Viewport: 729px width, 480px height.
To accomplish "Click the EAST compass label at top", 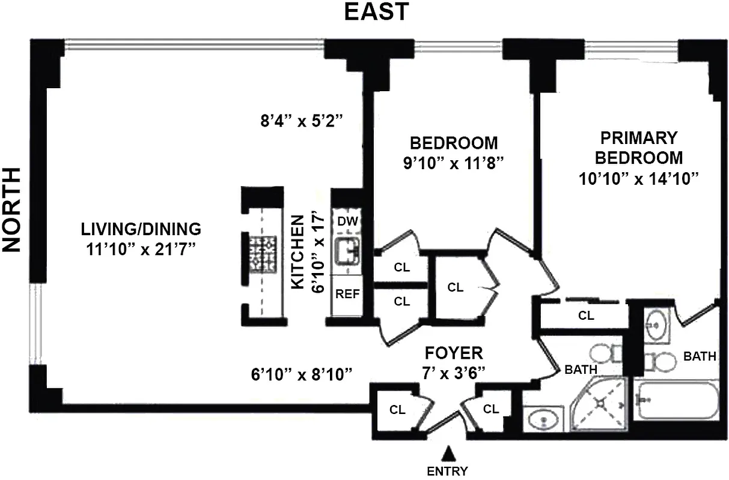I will pyautogui.click(x=376, y=11).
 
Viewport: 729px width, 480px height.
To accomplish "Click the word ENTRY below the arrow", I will pyautogui.click(x=447, y=471).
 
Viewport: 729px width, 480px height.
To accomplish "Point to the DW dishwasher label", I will pyautogui.click(x=347, y=221).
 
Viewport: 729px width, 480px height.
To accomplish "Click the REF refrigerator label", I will pyautogui.click(x=347, y=294).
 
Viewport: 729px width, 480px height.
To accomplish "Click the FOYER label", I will pyautogui.click(x=454, y=352).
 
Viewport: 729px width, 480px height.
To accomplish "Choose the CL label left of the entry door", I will pyautogui.click(x=397, y=410).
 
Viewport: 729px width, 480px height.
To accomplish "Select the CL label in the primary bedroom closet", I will pyautogui.click(x=586, y=316).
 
